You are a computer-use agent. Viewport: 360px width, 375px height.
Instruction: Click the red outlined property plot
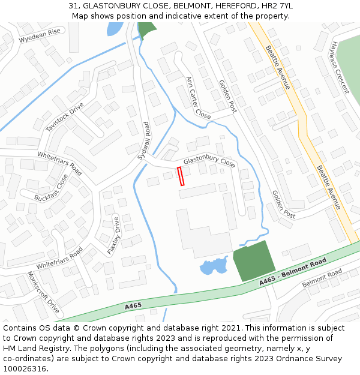point(181,176)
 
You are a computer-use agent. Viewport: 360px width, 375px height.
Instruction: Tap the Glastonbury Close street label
point(209,162)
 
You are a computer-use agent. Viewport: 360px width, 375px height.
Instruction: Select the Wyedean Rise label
point(40,36)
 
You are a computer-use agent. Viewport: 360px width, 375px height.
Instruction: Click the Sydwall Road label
point(143,140)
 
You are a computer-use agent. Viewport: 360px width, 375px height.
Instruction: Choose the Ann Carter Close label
point(198,97)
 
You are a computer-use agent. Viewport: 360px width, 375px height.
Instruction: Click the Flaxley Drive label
point(113,236)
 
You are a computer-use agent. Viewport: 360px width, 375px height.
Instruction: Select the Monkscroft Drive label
point(43,292)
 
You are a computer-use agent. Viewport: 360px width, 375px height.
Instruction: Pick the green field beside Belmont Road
point(253,261)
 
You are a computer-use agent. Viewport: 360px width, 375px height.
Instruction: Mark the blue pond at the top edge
point(114,28)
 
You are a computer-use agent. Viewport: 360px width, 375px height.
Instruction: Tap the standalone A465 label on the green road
point(133,306)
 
